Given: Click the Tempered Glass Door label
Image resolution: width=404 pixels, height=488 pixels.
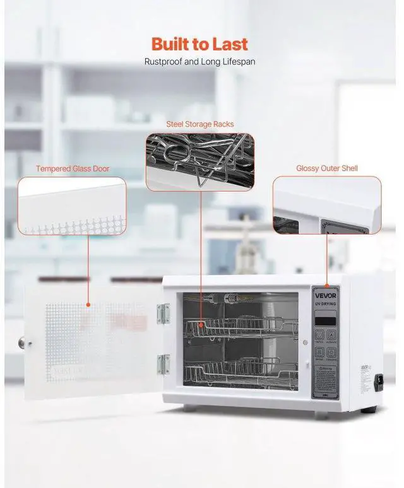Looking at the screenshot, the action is pos(73,168).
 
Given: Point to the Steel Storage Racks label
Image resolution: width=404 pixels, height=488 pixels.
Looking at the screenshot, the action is pos(200,124).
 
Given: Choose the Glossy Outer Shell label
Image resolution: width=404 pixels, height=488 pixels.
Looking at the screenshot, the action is pos(327,168).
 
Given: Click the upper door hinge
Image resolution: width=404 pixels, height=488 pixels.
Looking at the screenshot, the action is pos(163,313).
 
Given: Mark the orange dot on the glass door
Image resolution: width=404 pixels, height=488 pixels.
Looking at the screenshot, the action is pos(88,304).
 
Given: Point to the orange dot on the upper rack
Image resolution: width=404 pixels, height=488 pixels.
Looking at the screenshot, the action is pos(201,325).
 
